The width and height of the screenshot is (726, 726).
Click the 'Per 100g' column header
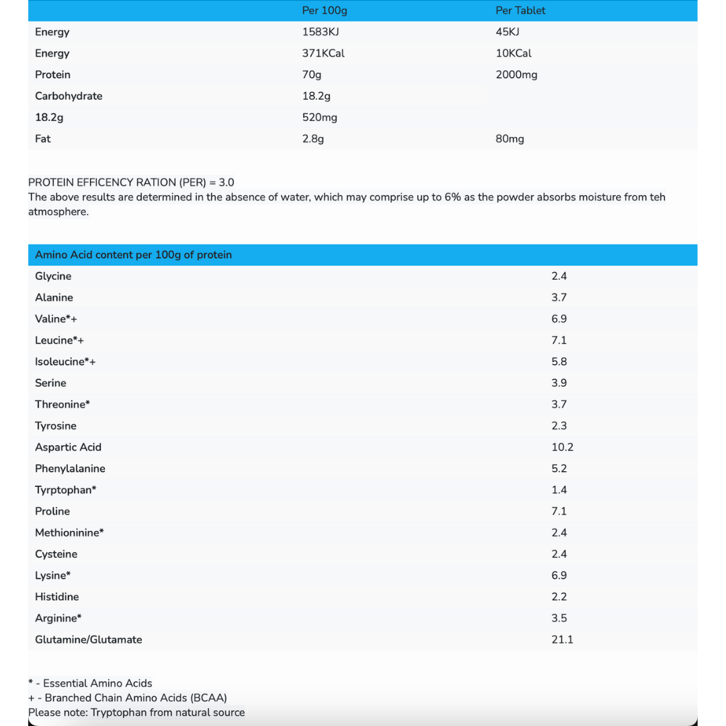click(x=325, y=11)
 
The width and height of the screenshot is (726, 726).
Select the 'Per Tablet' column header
click(x=520, y=11)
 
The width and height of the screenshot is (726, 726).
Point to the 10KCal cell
click(x=514, y=53)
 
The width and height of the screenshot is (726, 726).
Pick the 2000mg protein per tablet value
click(x=516, y=75)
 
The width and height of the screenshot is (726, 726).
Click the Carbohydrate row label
click(x=69, y=96)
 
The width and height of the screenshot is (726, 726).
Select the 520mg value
click(x=320, y=118)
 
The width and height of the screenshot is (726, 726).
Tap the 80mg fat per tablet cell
click(x=510, y=139)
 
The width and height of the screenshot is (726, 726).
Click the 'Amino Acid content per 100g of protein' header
click(x=133, y=255)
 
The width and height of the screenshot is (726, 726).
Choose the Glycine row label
click(x=53, y=276)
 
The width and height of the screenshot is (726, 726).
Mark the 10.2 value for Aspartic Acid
click(x=562, y=447)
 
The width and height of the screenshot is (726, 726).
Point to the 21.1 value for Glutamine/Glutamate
click(x=562, y=639)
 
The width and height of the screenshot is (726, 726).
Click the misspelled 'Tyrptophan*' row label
click(x=65, y=490)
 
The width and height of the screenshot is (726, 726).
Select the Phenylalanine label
click(x=70, y=469)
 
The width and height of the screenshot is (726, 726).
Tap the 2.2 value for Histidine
click(x=559, y=597)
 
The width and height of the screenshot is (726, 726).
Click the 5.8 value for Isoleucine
click(x=559, y=362)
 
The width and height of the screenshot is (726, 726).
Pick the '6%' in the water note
click(x=452, y=198)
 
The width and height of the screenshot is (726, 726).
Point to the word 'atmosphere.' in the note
click(x=58, y=212)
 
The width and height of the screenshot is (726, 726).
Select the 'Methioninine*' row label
click(x=69, y=533)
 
